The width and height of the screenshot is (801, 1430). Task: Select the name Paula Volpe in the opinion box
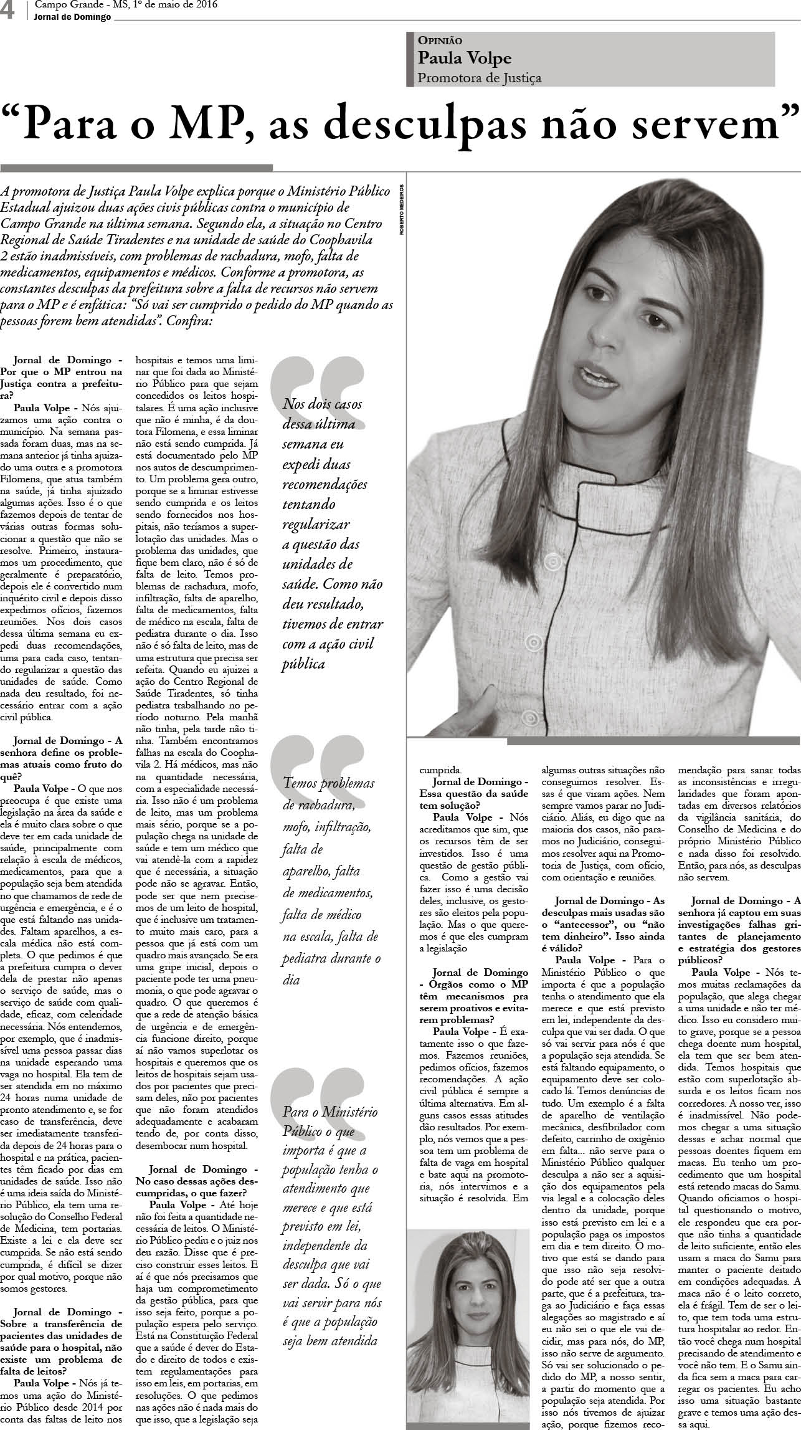464,59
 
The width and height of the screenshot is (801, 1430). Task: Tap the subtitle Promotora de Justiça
479,78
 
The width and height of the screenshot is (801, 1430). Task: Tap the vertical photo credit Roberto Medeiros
403,209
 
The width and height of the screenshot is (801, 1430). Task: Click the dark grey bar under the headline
136,168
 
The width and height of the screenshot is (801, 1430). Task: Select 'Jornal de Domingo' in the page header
73,17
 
